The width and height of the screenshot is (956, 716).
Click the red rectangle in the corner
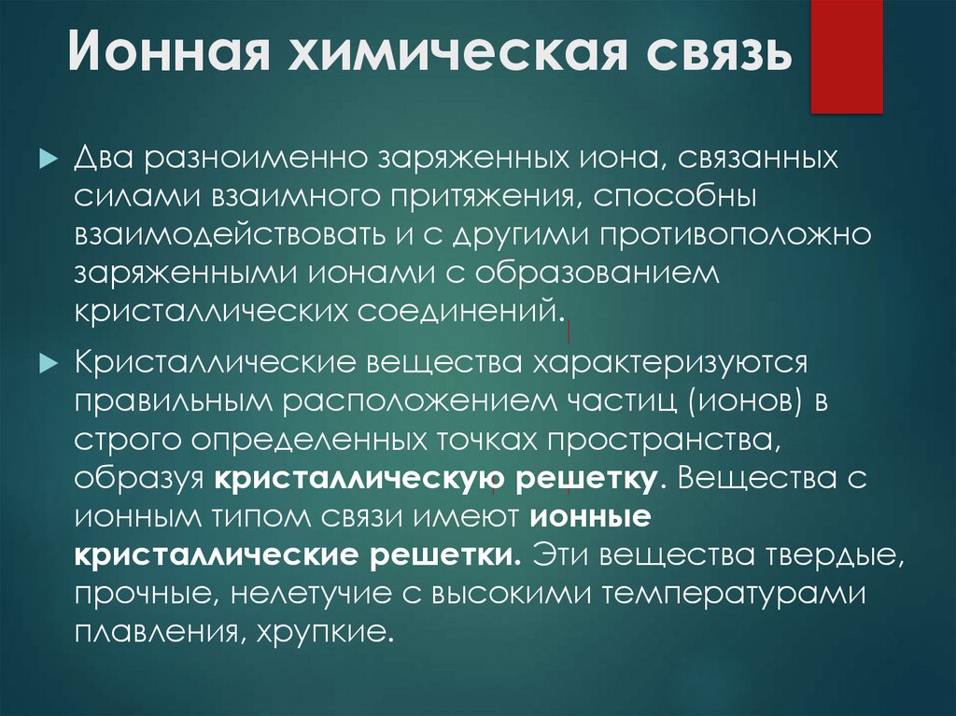click(846, 57)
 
